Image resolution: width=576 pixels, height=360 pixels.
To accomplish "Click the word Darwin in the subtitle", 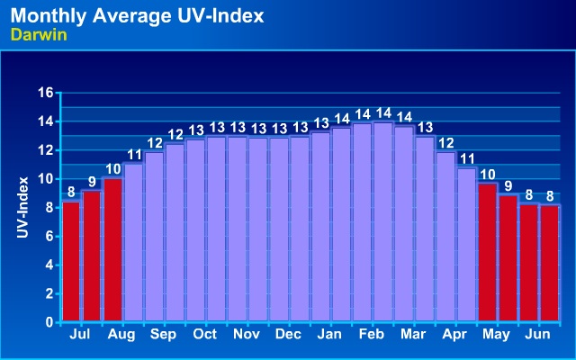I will (34, 34).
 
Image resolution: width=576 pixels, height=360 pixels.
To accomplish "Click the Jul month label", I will (81, 334).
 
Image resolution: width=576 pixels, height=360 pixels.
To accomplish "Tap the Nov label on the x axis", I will (247, 334).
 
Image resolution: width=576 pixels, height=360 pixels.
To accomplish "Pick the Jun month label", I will (537, 334).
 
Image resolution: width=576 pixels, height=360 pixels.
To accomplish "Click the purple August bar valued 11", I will (133, 242).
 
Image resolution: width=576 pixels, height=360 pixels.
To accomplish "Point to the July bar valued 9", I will (92, 256).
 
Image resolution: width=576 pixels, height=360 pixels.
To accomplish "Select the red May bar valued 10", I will (487, 252).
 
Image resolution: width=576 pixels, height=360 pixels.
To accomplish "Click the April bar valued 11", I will (466, 244).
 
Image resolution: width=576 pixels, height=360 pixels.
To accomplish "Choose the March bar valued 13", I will (424, 229).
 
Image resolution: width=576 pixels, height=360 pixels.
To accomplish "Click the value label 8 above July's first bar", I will (71, 191).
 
